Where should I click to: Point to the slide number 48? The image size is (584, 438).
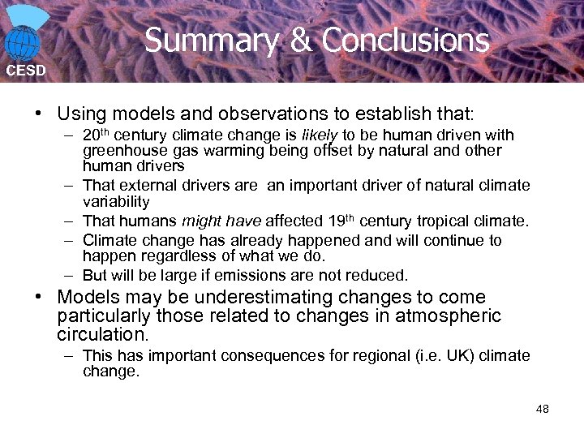(543, 409)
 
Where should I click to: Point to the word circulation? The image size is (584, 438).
(103, 334)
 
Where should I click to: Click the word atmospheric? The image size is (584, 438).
(448, 316)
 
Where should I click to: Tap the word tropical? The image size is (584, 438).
(445, 221)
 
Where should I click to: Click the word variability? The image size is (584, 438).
(116, 201)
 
